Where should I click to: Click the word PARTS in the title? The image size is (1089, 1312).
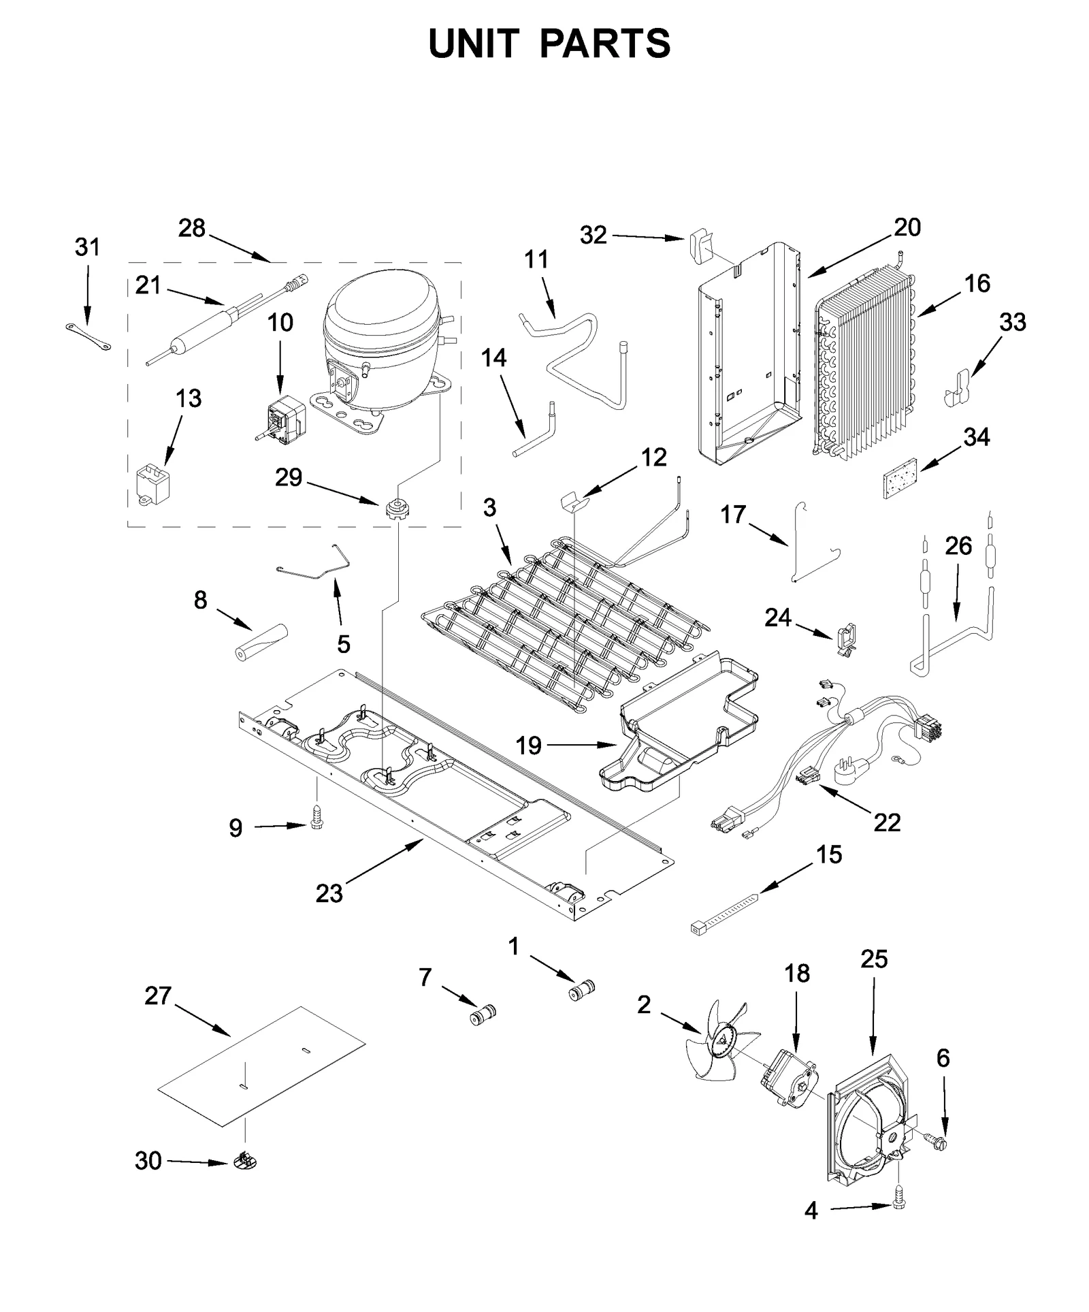click(605, 44)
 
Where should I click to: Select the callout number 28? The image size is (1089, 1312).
click(191, 228)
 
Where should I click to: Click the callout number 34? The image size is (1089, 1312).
click(976, 437)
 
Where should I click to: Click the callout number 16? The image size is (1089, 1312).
click(977, 284)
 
